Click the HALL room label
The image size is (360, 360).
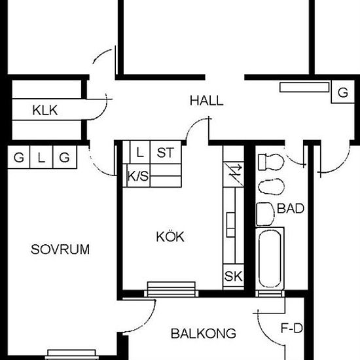pyautogui.click(x=206, y=101)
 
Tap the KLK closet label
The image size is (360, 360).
pyautogui.click(x=45, y=110)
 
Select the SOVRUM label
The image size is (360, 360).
pyautogui.click(x=60, y=249)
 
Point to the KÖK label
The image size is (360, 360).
pyautogui.click(x=170, y=236)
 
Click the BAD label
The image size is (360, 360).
pyautogui.click(x=291, y=208)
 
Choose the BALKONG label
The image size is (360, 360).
pyautogui.click(x=204, y=333)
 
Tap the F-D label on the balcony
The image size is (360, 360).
pyautogui.click(x=292, y=328)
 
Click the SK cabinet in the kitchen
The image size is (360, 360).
pyautogui.click(x=233, y=276)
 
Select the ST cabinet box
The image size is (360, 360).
pyautogui.click(x=166, y=153)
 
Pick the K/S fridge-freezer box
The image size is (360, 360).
pyautogui.click(x=138, y=175)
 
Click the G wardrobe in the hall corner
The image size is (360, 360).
pyautogui.click(x=342, y=92)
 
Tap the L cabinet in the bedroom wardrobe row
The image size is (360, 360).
pyautogui.click(x=41, y=157)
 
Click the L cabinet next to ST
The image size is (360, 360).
pyautogui.click(x=140, y=153)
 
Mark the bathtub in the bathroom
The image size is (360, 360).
pyautogui.click(x=270, y=259)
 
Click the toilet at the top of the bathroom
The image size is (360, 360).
pyautogui.click(x=271, y=162)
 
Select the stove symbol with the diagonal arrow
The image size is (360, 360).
pyautogui.click(x=233, y=175)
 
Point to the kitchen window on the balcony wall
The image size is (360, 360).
pyautogui.click(x=171, y=290)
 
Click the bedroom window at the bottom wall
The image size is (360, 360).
pyautogui.click(x=71, y=355)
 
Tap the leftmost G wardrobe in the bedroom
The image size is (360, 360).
pyautogui.click(x=18, y=157)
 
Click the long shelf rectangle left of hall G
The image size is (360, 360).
pyautogui.click(x=304, y=87)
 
